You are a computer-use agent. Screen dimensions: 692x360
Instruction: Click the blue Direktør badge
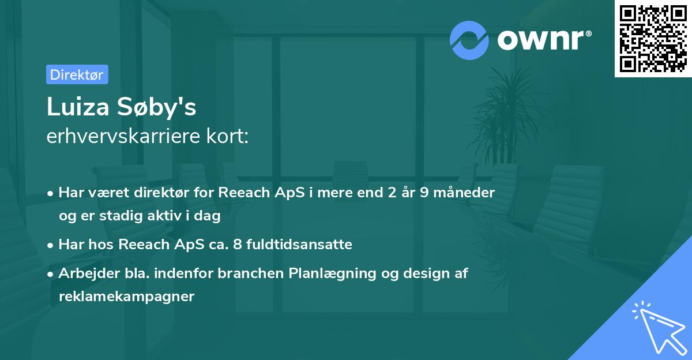click(x=77, y=74)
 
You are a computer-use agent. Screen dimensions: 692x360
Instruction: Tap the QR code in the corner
click(x=653, y=39)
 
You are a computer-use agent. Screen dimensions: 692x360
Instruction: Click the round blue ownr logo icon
click(x=469, y=40)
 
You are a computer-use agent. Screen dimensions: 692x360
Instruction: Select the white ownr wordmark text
click(x=541, y=40)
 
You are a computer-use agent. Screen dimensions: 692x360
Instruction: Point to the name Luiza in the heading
click(x=78, y=107)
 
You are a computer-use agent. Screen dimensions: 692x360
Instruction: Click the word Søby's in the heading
click(x=157, y=107)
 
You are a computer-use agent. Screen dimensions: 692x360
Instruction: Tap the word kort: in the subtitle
click(x=227, y=136)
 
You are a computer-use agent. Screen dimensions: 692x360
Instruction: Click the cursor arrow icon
click(x=659, y=328)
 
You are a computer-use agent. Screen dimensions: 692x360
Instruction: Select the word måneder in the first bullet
click(x=464, y=193)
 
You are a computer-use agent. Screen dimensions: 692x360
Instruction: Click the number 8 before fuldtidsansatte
click(x=237, y=245)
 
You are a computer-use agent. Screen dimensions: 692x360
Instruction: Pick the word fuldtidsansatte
click(x=299, y=245)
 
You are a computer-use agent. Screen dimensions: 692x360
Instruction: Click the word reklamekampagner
click(x=127, y=297)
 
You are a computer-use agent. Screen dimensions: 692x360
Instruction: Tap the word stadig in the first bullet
click(x=121, y=216)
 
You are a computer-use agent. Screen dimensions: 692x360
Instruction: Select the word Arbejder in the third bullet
click(x=89, y=273)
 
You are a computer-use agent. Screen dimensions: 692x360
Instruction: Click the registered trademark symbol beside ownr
click(x=588, y=33)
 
